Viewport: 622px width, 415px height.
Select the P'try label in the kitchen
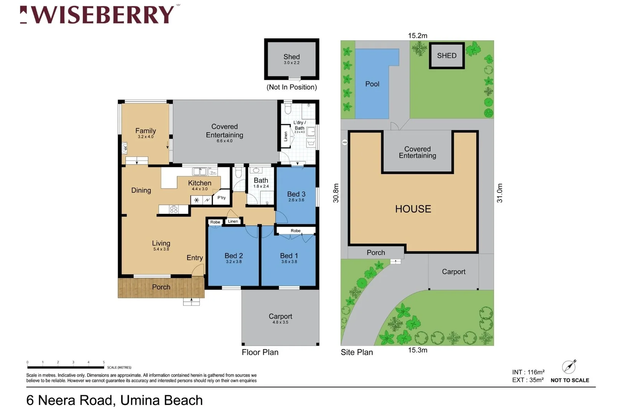coord(222,198)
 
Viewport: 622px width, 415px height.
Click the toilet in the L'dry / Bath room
coord(288,109)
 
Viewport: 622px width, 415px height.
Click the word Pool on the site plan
coord(372,84)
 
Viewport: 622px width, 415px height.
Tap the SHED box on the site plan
coord(447,56)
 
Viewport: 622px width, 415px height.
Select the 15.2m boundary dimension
coord(417,36)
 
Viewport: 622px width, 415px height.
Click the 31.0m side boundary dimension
coord(500,193)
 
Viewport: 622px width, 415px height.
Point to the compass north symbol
coord(569,367)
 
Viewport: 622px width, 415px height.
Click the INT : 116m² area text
coord(528,372)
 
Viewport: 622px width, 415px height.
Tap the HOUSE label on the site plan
coord(413,209)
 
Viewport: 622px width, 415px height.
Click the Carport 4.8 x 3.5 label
coord(280,318)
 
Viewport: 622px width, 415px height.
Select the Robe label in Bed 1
coord(296,231)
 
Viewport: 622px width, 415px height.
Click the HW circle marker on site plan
coord(345,143)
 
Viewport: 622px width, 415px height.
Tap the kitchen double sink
coord(200,171)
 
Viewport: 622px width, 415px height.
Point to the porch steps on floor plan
coord(191,302)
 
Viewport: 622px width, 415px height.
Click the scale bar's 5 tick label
coord(104,362)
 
